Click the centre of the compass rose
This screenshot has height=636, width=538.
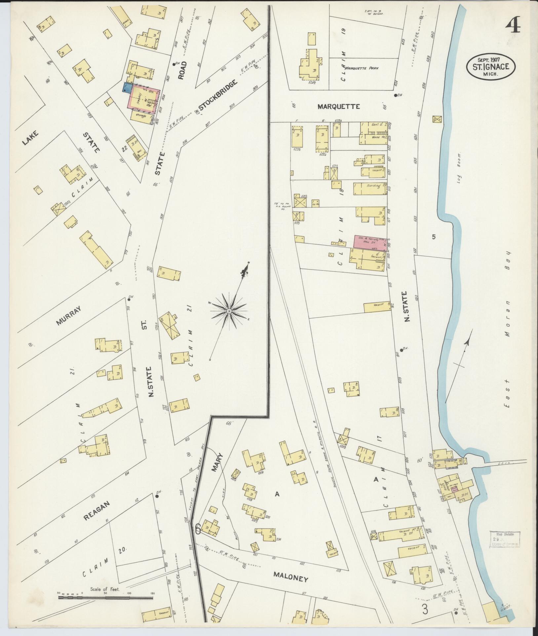[x=229, y=311]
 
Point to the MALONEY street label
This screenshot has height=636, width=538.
[x=290, y=579]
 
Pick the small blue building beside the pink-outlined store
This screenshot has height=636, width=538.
[x=126, y=87]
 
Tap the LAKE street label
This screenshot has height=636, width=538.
[x=30, y=138]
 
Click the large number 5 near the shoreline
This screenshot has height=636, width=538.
[x=434, y=236]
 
